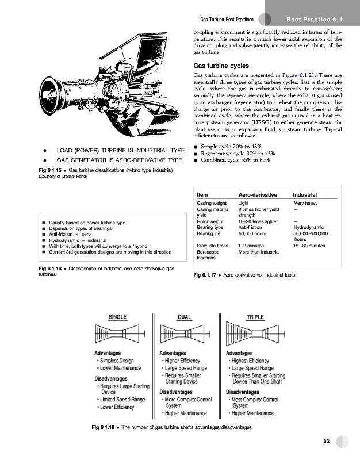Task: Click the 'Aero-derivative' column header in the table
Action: tap(255, 195)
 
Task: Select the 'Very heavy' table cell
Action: tap(307, 203)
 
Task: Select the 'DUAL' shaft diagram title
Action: tap(185, 316)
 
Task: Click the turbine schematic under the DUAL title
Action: tap(184, 335)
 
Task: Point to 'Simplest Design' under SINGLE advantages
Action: tap(116, 361)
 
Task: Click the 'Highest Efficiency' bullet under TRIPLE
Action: tap(252, 361)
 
